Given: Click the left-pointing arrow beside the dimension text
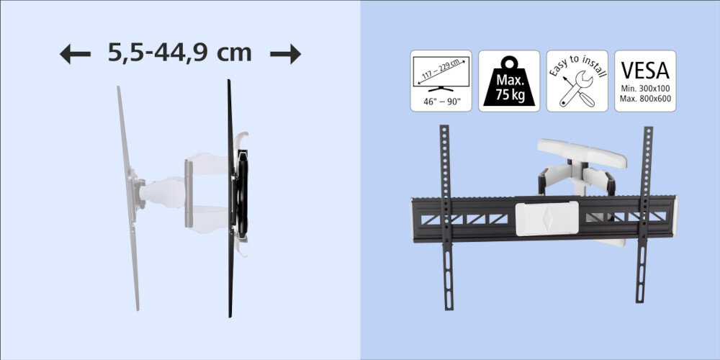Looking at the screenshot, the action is [75, 54].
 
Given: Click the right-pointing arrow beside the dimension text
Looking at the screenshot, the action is [286, 54].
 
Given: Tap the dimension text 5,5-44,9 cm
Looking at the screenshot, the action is [179, 53].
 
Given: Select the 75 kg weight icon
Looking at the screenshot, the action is [509, 81].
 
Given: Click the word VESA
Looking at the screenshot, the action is [645, 71].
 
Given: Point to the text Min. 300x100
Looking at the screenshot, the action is [645, 91].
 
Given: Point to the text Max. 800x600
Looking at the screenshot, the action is [645, 99].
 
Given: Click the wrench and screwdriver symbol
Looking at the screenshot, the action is [577, 89].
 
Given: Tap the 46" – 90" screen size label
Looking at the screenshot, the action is [441, 102].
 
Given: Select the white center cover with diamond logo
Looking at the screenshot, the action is [546, 218].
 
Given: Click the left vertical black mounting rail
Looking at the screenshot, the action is [446, 217].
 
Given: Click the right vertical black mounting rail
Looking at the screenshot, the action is [644, 215].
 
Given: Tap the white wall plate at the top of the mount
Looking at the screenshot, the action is [582, 153].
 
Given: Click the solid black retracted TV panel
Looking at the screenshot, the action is [230, 199].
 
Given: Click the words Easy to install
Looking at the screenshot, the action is [577, 66].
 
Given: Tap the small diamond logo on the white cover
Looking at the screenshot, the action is [546, 217].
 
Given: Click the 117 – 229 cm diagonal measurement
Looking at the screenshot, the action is [441, 71].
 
